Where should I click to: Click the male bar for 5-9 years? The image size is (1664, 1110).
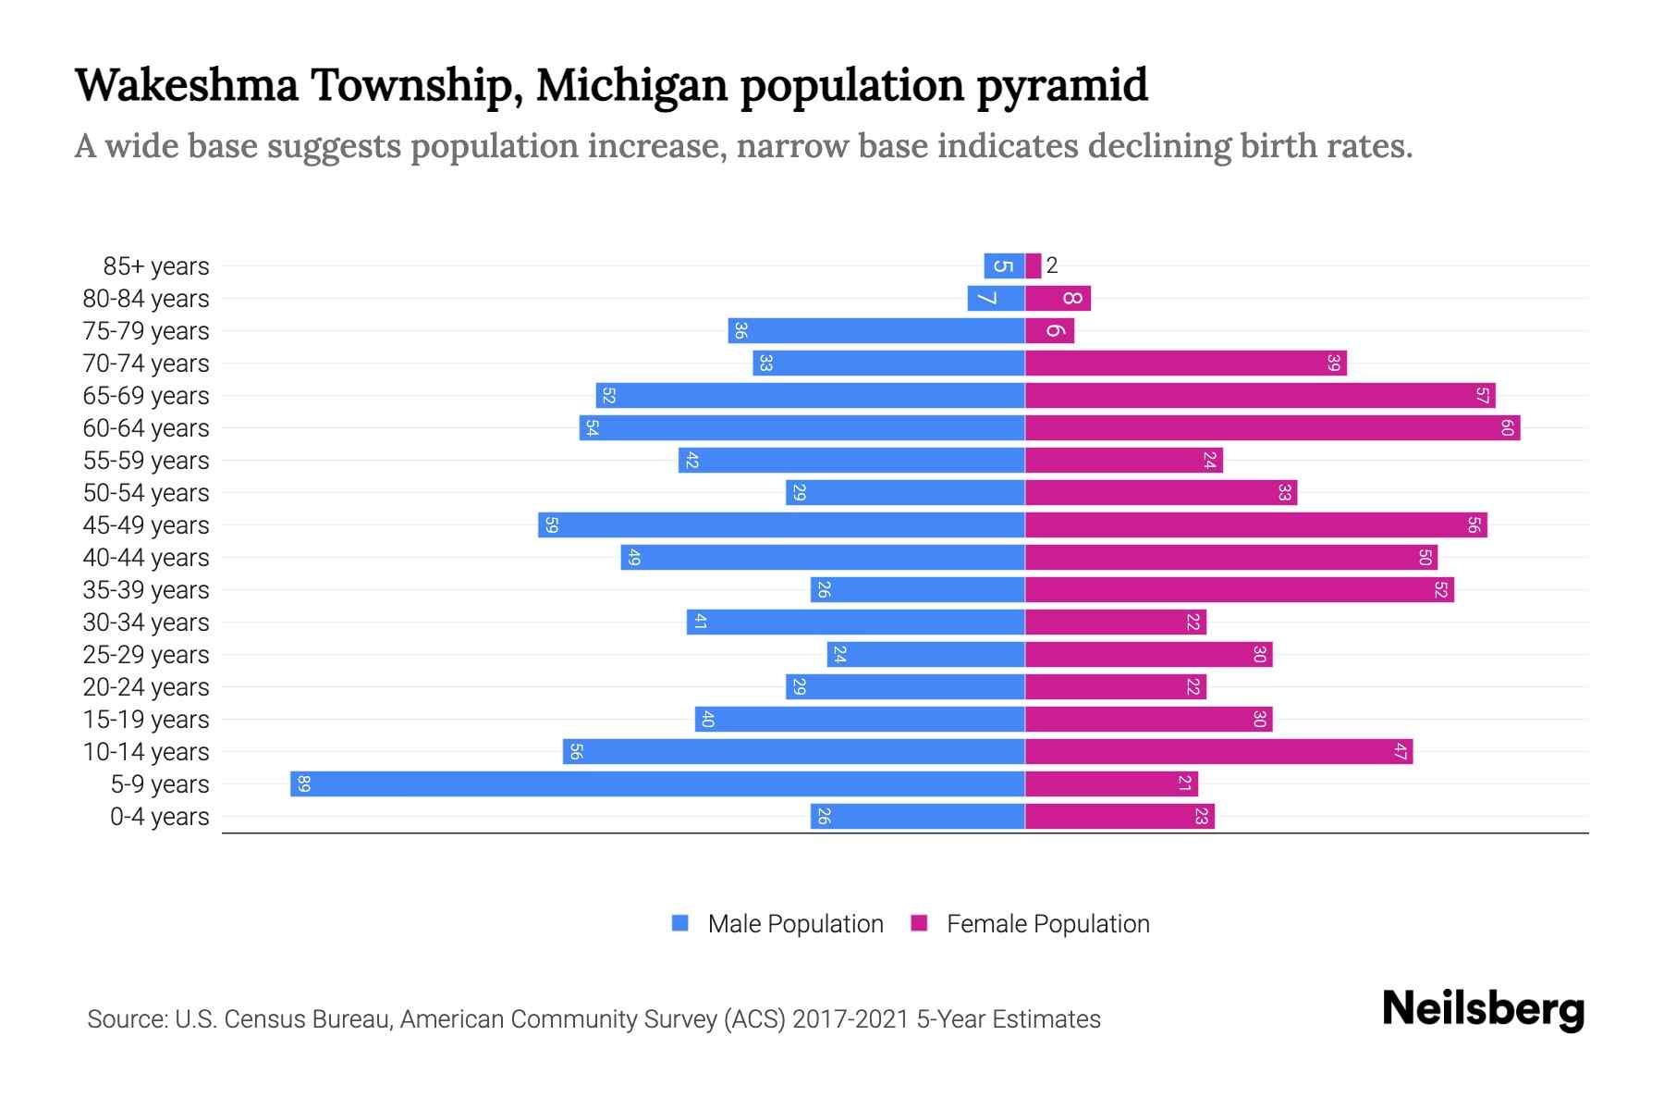(x=656, y=783)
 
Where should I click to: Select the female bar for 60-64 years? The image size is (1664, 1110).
(x=1272, y=427)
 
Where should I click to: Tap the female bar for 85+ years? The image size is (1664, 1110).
(x=1034, y=265)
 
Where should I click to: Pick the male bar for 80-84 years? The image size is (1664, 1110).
(x=996, y=298)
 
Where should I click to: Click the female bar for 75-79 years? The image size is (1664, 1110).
(x=1049, y=330)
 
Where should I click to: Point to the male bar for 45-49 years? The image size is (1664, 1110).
(x=781, y=524)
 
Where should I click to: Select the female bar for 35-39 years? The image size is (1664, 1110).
(x=1239, y=589)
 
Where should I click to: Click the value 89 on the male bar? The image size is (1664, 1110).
(x=304, y=784)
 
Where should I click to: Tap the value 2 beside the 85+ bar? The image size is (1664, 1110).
(x=1052, y=265)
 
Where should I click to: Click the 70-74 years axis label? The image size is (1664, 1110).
(x=146, y=364)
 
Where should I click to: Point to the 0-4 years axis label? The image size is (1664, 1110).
(x=159, y=817)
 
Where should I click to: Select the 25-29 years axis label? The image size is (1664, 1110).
(x=146, y=655)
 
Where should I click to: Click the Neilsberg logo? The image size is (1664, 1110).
(x=1483, y=1009)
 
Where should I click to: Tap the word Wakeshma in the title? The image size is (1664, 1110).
(x=187, y=85)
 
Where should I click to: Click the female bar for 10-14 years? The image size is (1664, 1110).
(x=1218, y=751)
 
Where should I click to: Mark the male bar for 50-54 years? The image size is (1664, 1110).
(x=905, y=492)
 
